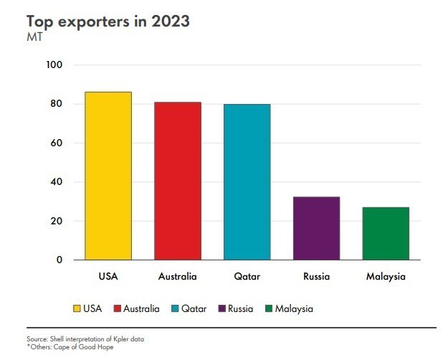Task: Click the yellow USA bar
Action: click(x=108, y=176)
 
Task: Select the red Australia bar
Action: click(x=177, y=181)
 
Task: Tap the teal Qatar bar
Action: click(x=247, y=181)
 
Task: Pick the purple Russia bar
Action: click(x=316, y=228)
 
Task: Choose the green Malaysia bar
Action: click(x=386, y=233)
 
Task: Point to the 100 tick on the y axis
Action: click(x=55, y=65)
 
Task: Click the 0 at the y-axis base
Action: click(x=59, y=260)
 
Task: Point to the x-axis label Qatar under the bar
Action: click(x=247, y=276)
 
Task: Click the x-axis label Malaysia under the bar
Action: click(x=386, y=276)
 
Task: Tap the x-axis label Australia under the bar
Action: click(x=177, y=276)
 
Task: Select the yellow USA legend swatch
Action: click(x=76, y=309)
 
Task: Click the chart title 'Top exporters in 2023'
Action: click(x=108, y=21)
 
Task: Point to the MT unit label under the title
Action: click(x=34, y=37)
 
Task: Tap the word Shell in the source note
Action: click(x=54, y=338)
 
